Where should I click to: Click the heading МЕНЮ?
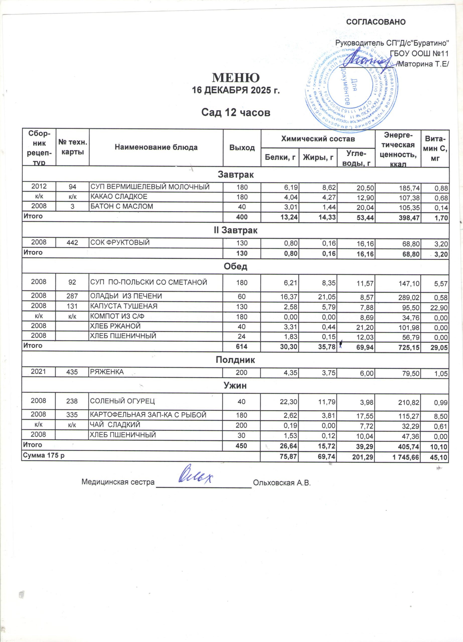click(236, 77)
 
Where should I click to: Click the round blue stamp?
click(351, 89)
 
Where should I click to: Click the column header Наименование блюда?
click(156, 147)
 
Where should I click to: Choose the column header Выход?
click(242, 147)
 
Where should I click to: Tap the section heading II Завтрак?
click(236, 230)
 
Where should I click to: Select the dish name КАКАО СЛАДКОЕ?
click(119, 196)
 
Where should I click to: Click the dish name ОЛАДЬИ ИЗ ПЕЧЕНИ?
click(126, 296)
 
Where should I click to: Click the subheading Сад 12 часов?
click(236, 112)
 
